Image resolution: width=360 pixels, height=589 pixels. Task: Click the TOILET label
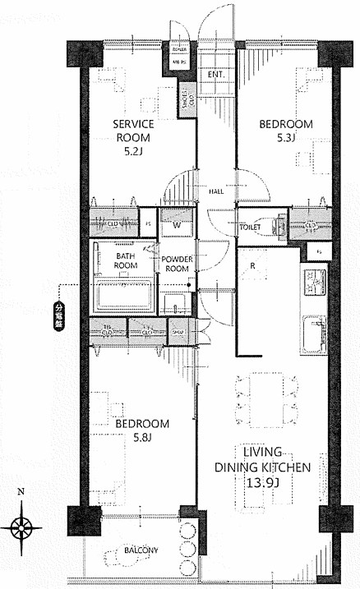[250, 227]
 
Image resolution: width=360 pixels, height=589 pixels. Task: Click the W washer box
[175, 224]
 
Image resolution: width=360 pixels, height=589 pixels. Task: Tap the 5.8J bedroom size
[141, 437]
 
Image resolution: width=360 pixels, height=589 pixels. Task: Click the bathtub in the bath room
[122, 295]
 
